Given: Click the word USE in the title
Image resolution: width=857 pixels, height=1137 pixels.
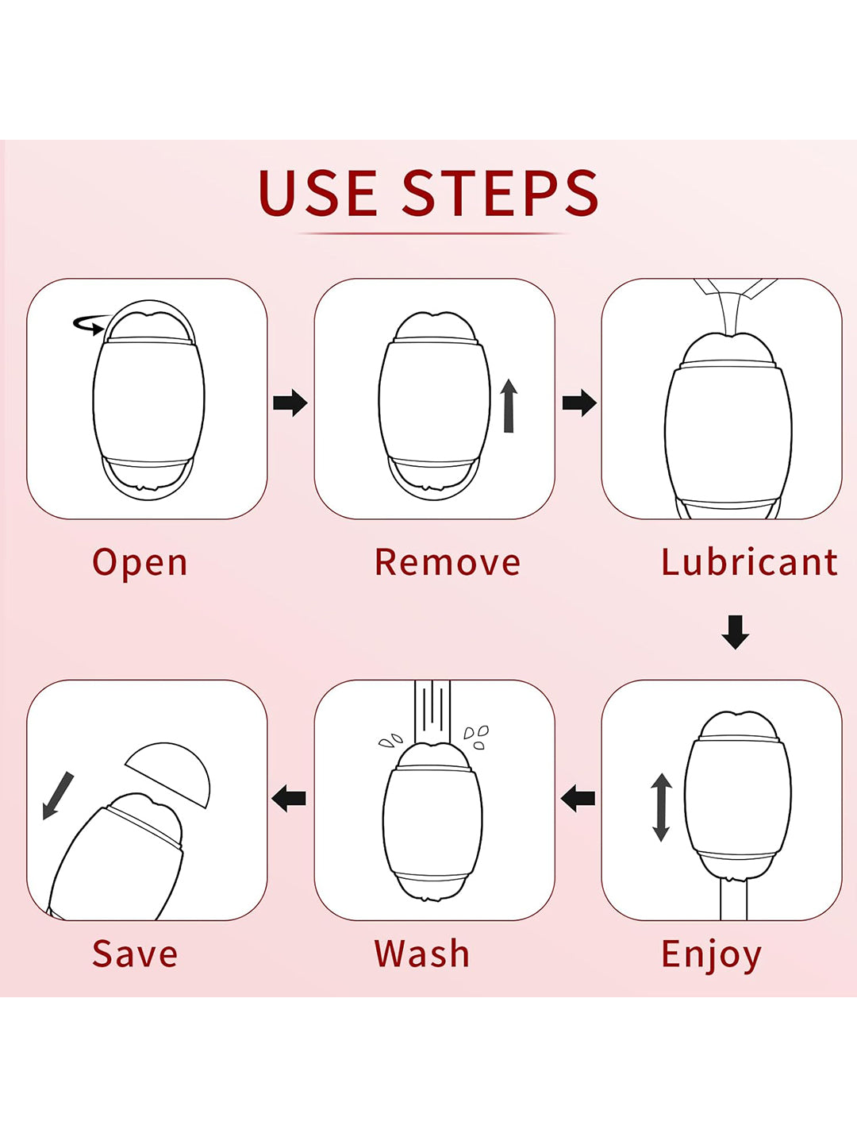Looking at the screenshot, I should point(317,193).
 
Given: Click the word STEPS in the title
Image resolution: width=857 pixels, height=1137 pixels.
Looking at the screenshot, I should point(500,193).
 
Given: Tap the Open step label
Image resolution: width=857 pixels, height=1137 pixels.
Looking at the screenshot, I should point(140,563).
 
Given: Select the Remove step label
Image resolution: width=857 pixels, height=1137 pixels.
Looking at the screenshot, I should point(448,563).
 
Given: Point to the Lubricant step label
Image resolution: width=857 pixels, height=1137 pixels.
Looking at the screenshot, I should point(749,563).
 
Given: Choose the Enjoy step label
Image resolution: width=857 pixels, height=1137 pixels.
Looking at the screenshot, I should point(711,954).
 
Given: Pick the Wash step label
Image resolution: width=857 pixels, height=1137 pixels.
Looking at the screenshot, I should point(422,954).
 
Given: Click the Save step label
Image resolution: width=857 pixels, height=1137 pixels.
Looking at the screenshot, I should point(135,954).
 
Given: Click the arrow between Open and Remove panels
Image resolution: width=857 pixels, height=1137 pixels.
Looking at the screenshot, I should point(290,403).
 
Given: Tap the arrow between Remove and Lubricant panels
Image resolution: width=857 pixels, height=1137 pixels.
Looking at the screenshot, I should point(579,403).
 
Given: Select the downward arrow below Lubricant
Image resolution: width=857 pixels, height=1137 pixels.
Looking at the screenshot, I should point(736,632).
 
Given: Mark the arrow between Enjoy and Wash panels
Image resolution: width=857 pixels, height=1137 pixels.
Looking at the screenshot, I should point(578,797).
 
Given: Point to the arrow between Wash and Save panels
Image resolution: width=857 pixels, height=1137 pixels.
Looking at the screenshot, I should point(290,797).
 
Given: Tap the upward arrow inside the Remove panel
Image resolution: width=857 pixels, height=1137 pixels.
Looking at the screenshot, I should point(509,406).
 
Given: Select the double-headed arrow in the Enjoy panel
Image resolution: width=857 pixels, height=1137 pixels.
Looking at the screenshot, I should point(661,807).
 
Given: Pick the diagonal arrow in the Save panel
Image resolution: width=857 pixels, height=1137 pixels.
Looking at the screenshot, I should point(57,796).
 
